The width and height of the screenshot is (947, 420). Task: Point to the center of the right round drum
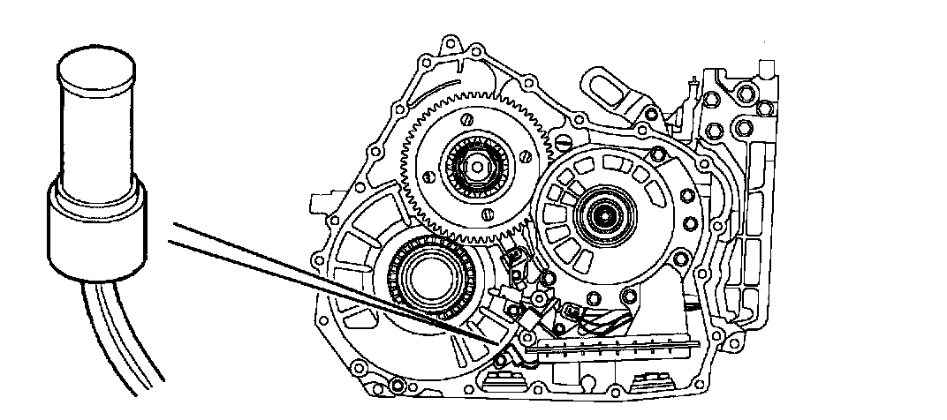605,213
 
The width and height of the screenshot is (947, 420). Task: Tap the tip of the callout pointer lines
496,341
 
